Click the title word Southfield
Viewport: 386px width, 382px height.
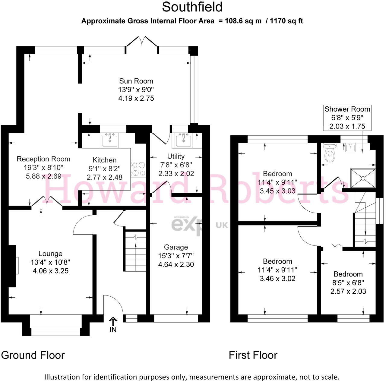[192, 7]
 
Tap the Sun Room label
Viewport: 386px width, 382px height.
[136, 81]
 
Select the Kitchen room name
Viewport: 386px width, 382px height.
[104, 160]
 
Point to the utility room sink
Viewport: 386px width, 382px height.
[182, 140]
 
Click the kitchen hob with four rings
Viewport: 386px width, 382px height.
[138, 169]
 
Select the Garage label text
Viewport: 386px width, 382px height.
[176, 247]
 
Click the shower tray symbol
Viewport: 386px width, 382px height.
[363, 178]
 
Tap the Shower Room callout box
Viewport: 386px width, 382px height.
[347, 118]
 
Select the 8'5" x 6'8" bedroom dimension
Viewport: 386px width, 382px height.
[348, 283]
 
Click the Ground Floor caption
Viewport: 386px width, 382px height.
[33, 355]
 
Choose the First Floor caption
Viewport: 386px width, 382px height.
[253, 355]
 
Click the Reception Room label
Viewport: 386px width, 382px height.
[43, 159]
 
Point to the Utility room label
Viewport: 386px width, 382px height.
[176, 156]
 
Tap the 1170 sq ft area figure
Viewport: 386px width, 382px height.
[286, 21]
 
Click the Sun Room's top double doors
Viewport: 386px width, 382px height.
[142, 42]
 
